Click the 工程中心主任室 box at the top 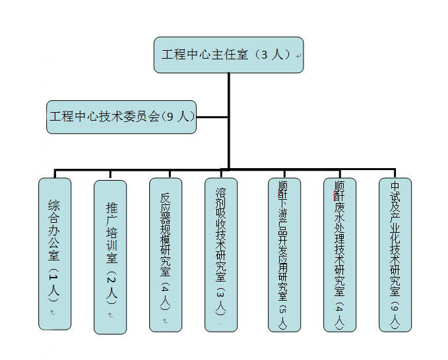(x=228, y=55)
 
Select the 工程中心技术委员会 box (x=121, y=117)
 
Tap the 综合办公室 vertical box (x=54, y=254)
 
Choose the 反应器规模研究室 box (x=165, y=254)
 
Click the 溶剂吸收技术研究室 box (x=220, y=254)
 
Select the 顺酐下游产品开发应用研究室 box (x=284, y=254)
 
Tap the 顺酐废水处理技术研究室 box (x=339, y=254)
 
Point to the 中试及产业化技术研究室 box (x=395, y=254)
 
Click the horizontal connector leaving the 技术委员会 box (x=212, y=117)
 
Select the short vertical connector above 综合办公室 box (x=54, y=173)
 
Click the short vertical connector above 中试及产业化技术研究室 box (x=395, y=173)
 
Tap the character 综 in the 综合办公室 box (x=54, y=204)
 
